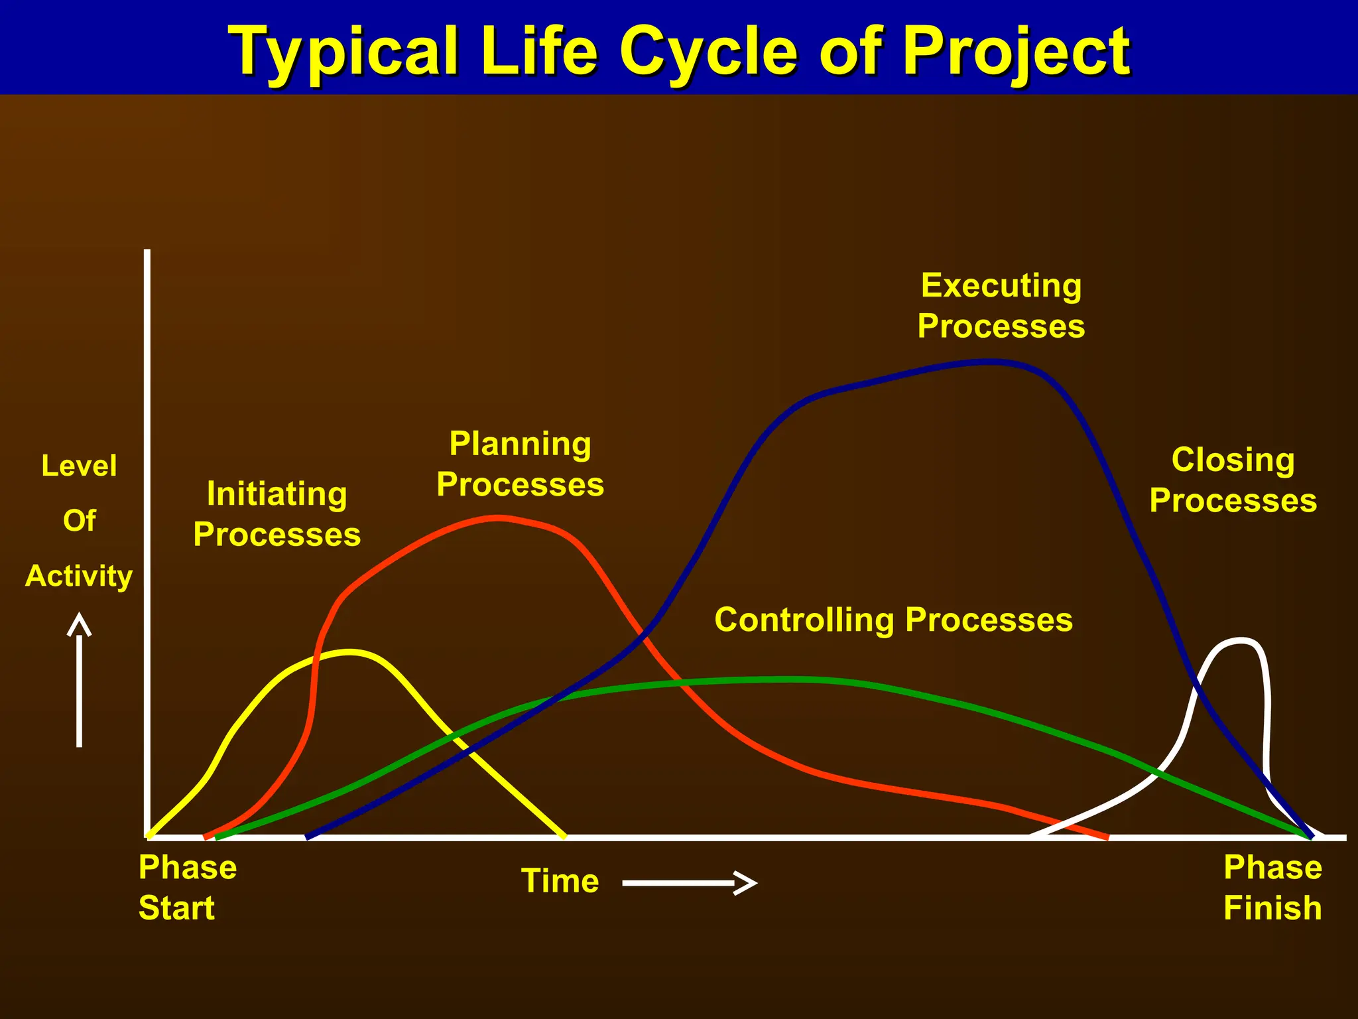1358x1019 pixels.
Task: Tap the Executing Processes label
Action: [1001, 306]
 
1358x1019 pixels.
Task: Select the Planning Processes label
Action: [521, 464]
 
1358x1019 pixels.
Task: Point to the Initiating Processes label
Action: [277, 514]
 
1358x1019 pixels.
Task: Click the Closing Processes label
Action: [1233, 480]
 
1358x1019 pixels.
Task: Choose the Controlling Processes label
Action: [893, 620]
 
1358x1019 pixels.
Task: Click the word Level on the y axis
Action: [79, 466]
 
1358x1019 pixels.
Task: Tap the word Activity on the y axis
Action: [79, 576]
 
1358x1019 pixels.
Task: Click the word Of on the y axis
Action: [79, 521]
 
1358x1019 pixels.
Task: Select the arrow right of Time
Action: [690, 883]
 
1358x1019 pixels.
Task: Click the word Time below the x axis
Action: [560, 881]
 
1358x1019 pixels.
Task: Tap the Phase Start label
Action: [187, 887]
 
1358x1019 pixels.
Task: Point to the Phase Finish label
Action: [1272, 887]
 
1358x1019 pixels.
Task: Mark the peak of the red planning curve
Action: [497, 518]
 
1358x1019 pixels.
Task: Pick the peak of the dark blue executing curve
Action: [991, 362]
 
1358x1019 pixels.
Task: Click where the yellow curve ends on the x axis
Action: [564, 836]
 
